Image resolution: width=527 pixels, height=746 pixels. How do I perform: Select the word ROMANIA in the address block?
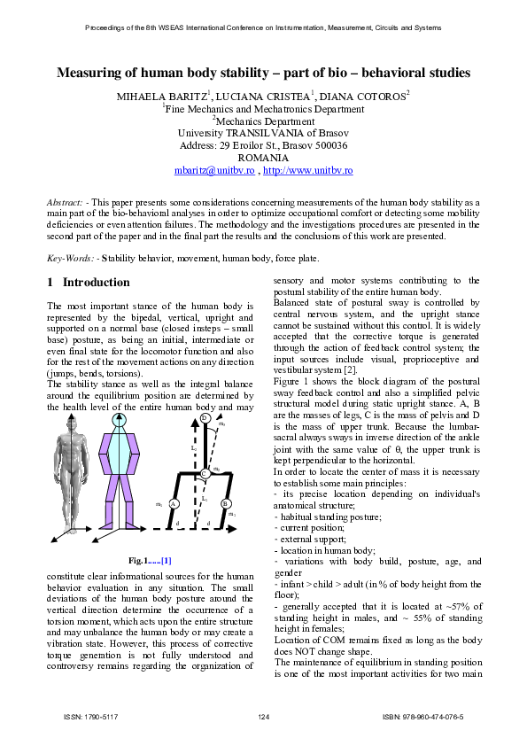pyautogui.click(x=263, y=157)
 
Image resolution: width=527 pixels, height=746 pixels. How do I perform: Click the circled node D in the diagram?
pyautogui.click(x=205, y=417)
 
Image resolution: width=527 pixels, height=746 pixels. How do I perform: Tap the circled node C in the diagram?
pyautogui.click(x=205, y=474)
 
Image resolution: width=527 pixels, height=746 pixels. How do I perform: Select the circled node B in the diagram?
pyautogui.click(x=226, y=503)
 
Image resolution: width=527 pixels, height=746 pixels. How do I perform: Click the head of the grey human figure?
pyautogui.click(x=74, y=423)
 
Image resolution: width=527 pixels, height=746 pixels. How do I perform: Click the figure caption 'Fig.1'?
pyautogui.click(x=141, y=561)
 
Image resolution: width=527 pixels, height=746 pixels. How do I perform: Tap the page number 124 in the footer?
pyautogui.click(x=263, y=716)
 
